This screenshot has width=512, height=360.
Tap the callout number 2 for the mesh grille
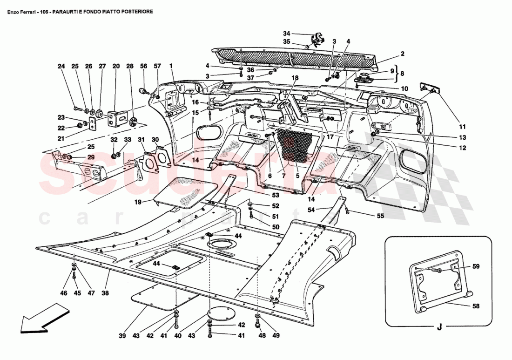click(402, 54)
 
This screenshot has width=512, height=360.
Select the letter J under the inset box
click(439, 327)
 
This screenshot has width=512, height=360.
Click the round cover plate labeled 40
click(219, 313)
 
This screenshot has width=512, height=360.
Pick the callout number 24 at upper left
click(61, 66)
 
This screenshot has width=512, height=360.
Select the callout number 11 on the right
click(462, 126)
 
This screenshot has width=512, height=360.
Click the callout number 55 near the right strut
click(381, 216)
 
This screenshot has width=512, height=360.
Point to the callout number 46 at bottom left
click(64, 293)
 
